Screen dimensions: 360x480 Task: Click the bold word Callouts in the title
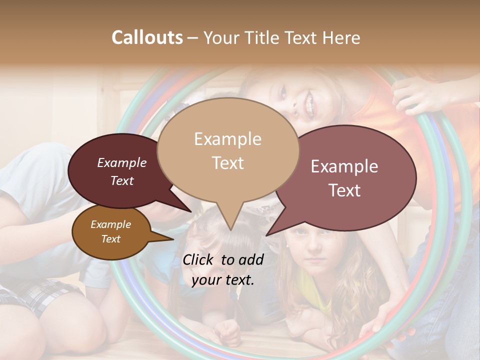[147, 37]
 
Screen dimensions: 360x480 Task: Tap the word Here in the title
[341, 37]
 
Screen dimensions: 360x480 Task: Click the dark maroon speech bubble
[115, 172]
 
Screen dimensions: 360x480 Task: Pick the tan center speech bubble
[228, 150]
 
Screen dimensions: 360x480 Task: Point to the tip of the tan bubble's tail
[230, 229]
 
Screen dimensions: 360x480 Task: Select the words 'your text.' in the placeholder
[223, 280]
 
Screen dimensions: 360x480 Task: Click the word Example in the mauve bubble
[344, 166]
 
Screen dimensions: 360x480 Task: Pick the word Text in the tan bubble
[228, 163]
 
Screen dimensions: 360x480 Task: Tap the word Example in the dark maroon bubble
[122, 162]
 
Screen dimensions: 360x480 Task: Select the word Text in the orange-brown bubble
[111, 239]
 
